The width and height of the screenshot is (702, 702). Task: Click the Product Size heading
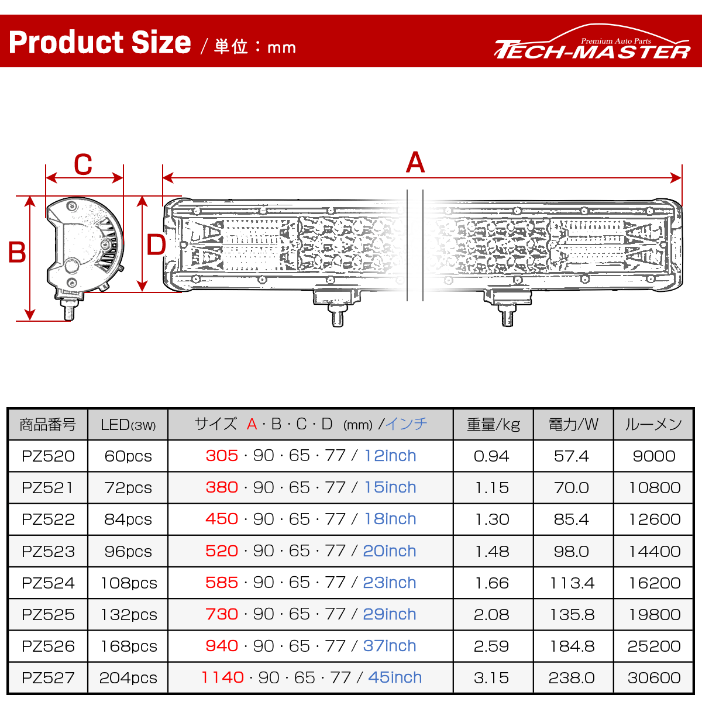pos(99,43)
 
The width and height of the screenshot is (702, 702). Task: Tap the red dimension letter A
pos(415,163)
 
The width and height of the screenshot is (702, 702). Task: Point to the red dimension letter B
pos(17,253)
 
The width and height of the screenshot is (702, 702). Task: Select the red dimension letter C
pos(83,164)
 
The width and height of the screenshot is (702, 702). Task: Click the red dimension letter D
pos(156,245)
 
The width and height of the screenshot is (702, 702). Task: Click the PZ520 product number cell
pos(48,456)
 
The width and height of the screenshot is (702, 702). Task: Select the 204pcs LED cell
pos(128,678)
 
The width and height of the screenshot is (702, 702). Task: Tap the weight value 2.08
pos(491,615)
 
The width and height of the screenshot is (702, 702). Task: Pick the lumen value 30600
pos(654,678)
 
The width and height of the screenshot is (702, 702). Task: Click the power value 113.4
pos(572,583)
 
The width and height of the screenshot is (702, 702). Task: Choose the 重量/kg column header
pos(493,425)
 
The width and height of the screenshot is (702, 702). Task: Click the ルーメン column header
pos(653,425)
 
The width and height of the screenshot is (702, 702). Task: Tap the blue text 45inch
pos(395,677)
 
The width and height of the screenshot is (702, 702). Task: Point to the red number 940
pos(222,646)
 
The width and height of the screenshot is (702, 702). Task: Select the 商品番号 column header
pos(48,425)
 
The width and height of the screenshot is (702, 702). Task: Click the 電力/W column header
pos(573,425)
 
